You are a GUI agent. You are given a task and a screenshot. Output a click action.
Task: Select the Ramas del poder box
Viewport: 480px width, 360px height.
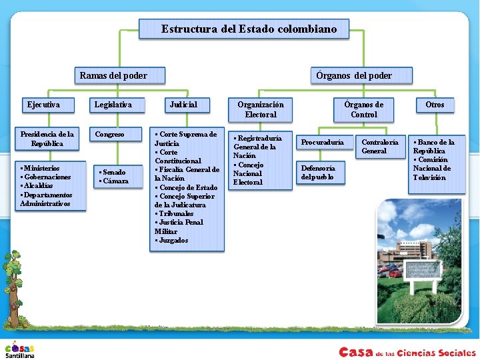113,75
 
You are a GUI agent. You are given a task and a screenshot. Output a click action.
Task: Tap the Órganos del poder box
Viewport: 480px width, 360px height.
353,75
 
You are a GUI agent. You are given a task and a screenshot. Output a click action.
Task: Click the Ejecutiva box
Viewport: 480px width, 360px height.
43,105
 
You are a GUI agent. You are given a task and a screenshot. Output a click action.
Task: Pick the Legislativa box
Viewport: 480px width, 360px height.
113,105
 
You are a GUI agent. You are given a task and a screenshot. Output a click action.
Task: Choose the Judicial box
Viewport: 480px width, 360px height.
183,105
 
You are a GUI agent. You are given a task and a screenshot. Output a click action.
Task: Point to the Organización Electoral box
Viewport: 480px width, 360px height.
260,109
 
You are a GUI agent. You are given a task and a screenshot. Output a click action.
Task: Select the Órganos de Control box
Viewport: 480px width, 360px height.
364,109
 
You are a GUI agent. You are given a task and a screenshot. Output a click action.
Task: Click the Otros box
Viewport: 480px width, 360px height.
435,105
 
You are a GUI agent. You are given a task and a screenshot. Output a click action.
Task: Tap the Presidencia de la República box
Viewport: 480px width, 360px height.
47,139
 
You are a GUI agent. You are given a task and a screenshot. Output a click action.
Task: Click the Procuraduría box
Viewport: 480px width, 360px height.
323,142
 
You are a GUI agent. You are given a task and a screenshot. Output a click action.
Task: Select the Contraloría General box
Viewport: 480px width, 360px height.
380,146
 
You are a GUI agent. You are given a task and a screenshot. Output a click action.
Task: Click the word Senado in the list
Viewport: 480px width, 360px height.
114,173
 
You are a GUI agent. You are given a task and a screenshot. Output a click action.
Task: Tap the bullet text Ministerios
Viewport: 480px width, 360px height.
41,168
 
